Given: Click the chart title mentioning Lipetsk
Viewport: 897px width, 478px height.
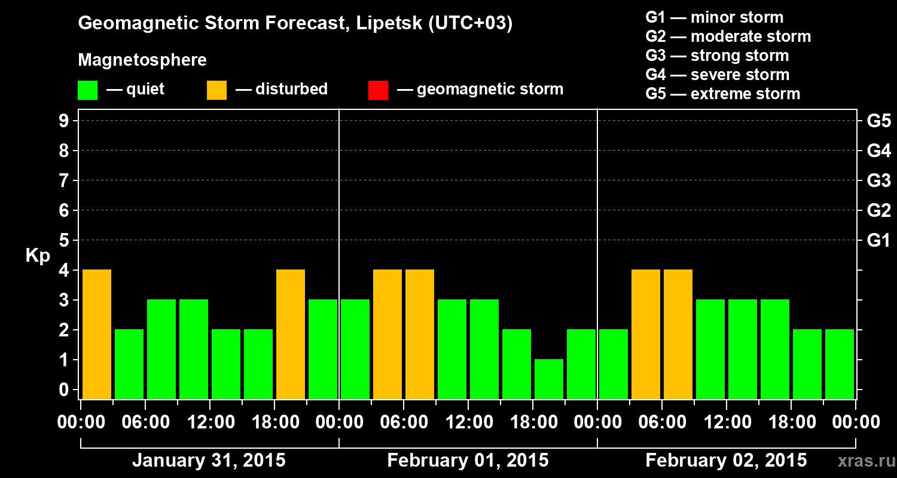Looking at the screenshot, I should coord(295,24).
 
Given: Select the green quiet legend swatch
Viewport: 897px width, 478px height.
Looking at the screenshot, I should coord(87,90).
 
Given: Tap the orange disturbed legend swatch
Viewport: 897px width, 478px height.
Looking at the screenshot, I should coord(216,90).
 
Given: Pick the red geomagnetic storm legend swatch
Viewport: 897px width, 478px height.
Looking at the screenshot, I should coord(378,90).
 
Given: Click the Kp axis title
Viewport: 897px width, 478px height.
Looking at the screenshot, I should coord(38,256).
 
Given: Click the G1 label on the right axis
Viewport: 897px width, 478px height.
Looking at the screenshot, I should coord(878,241).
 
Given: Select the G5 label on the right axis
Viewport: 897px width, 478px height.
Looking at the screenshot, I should coord(878,121).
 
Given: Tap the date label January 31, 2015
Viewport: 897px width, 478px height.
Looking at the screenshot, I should coord(209,461).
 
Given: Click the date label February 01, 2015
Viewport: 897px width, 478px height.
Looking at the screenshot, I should coord(468,461).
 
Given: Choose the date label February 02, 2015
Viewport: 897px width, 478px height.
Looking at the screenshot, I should coord(726,461).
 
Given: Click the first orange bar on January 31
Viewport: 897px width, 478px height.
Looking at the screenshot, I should coord(97,334).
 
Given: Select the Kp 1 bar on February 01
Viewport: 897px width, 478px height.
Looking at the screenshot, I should coord(549,379).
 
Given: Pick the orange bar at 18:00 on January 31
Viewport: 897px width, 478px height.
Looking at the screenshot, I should coord(291,334).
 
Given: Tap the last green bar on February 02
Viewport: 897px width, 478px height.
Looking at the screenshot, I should coord(840,364).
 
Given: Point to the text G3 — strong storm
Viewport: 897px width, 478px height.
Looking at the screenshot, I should coord(717,56).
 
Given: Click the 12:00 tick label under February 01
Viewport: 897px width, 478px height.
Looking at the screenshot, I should coord(468,422).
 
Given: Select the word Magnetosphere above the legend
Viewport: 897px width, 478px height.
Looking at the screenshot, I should coord(142,60).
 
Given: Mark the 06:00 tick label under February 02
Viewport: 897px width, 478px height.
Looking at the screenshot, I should coord(662,422).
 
